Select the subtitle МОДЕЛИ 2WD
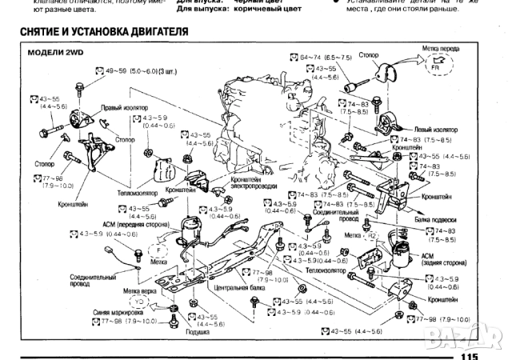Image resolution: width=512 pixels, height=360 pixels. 56,52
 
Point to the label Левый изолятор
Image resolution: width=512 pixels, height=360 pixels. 435,129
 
